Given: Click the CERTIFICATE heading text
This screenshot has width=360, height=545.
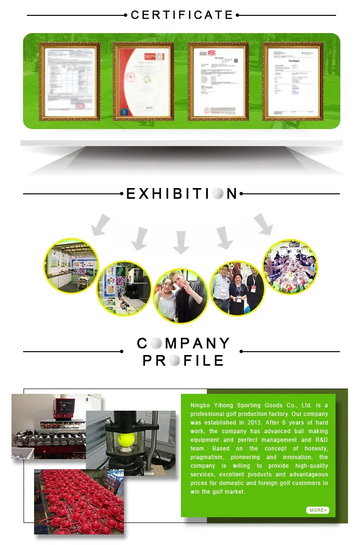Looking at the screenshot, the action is tap(182, 15).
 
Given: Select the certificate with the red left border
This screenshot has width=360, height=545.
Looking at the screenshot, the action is tap(144, 81).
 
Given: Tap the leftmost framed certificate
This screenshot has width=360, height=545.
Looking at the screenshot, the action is tap(70, 81).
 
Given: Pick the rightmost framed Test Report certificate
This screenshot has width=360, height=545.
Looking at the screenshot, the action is tap(293, 81).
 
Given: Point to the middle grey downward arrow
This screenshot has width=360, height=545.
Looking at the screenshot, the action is tap(181, 242).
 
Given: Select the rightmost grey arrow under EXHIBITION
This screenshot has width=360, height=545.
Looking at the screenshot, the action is tap(263, 224).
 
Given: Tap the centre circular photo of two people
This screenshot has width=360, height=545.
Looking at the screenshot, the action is tap(180, 296).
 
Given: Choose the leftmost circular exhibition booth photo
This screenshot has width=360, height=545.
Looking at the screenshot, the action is tap(71, 266).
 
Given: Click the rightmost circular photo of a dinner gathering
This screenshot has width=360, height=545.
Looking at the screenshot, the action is tap(290, 267).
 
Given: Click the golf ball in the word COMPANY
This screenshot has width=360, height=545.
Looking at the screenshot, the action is tap(156, 344).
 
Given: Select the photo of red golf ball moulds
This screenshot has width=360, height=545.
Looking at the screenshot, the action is tap(79, 501).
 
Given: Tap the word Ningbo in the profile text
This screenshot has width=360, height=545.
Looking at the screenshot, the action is tap(200, 405).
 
